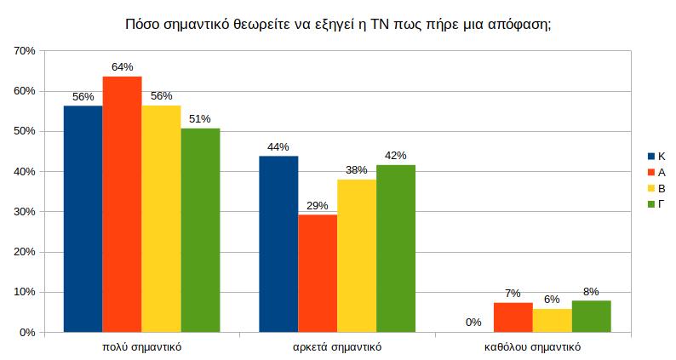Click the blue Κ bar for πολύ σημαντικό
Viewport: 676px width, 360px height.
(x=83, y=219)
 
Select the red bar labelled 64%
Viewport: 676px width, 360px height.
(x=122, y=204)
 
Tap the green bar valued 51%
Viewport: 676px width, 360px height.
(x=200, y=230)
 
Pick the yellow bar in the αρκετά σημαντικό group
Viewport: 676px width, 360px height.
(x=357, y=255)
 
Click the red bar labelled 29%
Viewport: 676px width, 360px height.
(x=318, y=273)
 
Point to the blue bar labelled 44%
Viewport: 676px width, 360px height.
(x=278, y=244)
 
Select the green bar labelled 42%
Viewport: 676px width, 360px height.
(x=396, y=249)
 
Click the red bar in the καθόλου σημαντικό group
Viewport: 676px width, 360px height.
(x=513, y=317)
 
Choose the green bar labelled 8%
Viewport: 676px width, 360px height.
(x=592, y=316)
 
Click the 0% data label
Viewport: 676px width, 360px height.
(x=473, y=322)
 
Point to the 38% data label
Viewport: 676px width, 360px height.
(x=357, y=169)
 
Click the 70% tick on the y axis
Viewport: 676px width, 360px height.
(x=25, y=51)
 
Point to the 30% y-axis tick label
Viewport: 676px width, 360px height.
(x=25, y=212)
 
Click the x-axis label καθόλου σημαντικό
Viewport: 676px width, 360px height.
(x=533, y=347)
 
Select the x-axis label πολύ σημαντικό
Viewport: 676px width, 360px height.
(x=141, y=347)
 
